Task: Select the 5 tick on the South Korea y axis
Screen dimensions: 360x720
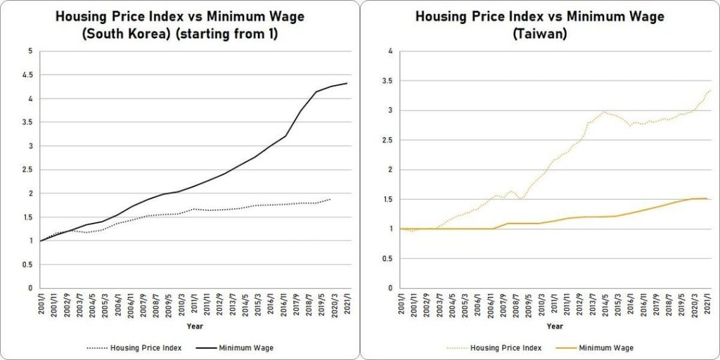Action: coord(30,51)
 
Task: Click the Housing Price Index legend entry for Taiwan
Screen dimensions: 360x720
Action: coord(493,347)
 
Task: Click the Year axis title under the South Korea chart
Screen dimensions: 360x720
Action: coord(195,326)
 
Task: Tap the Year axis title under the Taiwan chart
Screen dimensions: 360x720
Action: coord(555,326)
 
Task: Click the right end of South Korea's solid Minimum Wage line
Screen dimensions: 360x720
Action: coord(347,84)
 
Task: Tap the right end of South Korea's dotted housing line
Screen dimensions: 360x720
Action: coord(330,199)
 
